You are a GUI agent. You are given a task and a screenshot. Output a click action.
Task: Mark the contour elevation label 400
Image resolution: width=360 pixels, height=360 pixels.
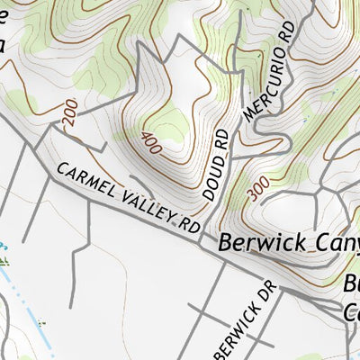(152, 141)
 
